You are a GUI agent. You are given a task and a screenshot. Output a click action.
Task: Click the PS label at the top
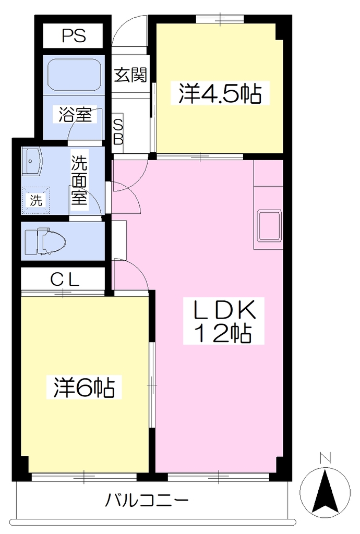pos(74,35)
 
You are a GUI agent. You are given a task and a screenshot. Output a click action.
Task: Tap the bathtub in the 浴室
pos(75,75)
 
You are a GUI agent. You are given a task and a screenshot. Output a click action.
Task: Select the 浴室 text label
pos(75,114)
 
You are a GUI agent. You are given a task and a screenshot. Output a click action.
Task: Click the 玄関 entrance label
pos(130,75)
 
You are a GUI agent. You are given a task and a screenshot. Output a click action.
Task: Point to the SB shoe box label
pos(118,132)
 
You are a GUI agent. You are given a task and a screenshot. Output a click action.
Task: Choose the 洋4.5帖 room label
pos(220,93)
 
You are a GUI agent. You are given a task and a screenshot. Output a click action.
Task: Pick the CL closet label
pos(65,280)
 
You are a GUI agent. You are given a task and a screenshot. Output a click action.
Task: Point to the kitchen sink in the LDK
pos(270,226)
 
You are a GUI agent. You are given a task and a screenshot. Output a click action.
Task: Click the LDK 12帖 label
pos(224,321)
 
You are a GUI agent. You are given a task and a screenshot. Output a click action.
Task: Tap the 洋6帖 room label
pos(84,387)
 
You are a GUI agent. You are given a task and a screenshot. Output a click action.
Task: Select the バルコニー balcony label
pos(147,500)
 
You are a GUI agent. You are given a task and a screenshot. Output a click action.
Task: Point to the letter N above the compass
pos(325,458)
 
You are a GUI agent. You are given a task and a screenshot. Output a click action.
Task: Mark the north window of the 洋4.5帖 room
pos(220,19)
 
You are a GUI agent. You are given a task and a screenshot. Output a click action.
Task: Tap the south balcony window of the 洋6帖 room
pos(84,477)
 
